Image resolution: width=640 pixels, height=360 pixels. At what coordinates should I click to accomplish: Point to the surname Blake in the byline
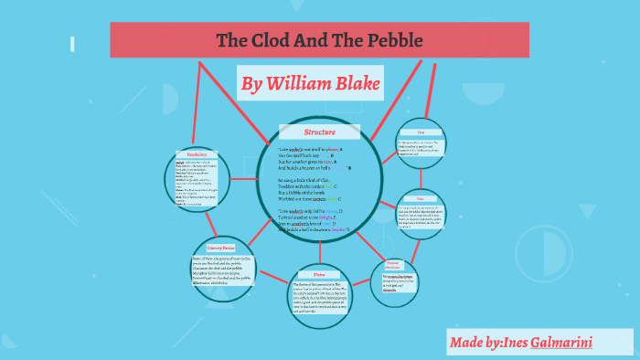coord(354,84)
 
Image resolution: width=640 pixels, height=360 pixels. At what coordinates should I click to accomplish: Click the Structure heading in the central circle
coord(319,132)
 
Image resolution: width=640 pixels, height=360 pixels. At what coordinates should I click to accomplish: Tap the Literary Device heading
coord(208,247)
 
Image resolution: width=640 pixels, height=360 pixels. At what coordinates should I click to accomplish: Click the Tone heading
coord(421,132)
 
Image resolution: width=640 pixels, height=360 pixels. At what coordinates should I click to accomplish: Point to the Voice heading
coord(421,198)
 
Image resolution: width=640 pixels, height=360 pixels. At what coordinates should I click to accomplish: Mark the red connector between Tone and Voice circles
coord(421,178)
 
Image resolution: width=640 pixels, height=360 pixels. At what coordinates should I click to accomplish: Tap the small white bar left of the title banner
coord(71,43)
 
